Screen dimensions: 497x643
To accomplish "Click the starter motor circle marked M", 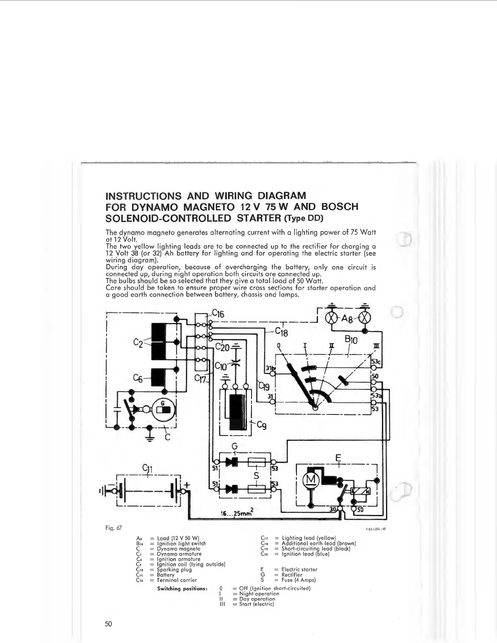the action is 312,480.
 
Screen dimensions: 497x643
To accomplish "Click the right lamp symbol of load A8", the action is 365,318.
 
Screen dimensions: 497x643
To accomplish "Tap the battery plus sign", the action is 187,485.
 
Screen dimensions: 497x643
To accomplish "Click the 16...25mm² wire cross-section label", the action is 237,513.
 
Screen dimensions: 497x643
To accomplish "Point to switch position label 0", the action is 279,346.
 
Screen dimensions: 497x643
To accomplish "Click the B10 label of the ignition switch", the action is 351,340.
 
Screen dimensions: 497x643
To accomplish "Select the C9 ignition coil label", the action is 262,425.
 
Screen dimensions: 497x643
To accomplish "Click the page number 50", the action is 108,624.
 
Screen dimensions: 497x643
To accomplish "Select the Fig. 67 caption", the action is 113,528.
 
